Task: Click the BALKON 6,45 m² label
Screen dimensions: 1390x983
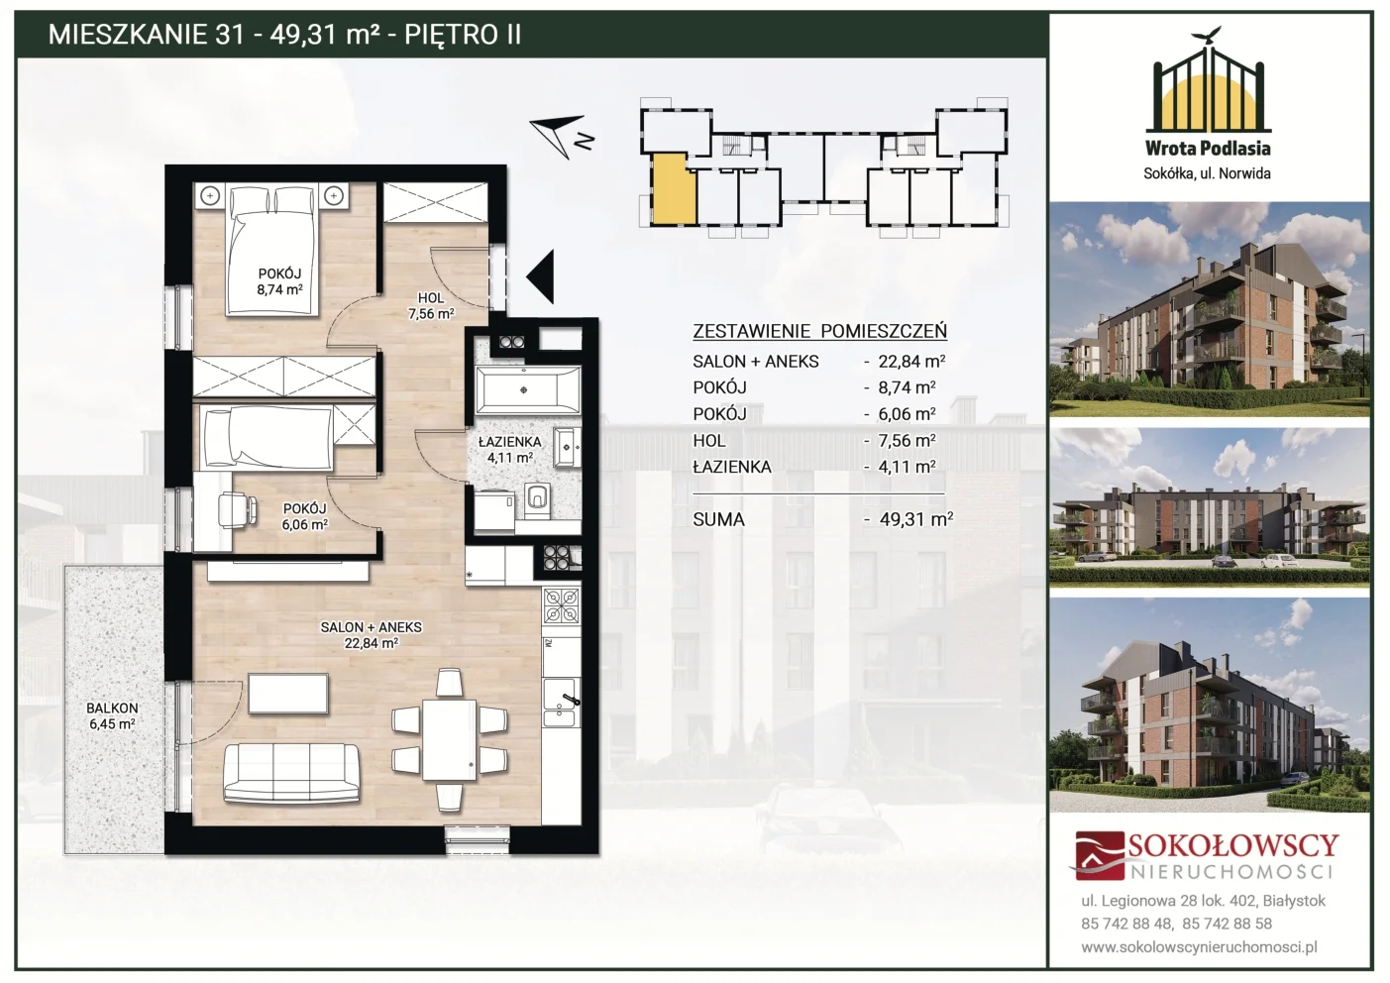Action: pyautogui.click(x=112, y=715)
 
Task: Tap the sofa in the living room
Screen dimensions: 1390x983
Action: pyautogui.click(x=291, y=773)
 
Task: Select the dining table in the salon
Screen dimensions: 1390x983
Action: pyautogui.click(x=449, y=740)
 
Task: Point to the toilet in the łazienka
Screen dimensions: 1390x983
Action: pyautogui.click(x=537, y=499)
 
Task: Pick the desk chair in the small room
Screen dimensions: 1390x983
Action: pyautogui.click(x=239, y=509)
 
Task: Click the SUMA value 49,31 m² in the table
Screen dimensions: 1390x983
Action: pyautogui.click(x=915, y=519)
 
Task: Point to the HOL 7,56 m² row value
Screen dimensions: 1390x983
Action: pyautogui.click(x=907, y=441)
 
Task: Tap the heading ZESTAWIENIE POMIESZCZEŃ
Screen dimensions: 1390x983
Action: pyautogui.click(x=819, y=331)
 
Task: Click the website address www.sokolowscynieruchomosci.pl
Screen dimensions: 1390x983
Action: pyautogui.click(x=1199, y=947)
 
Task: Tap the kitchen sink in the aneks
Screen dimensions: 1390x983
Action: pyautogui.click(x=562, y=702)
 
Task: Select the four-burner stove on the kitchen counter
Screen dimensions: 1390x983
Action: pyautogui.click(x=562, y=605)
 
